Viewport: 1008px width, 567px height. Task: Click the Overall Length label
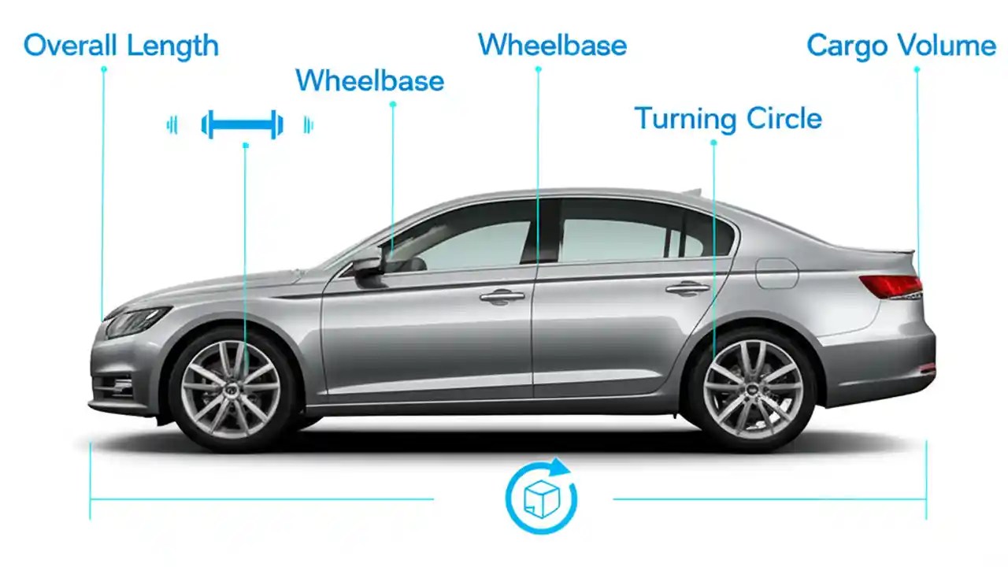pos(120,45)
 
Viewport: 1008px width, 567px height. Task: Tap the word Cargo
pos(854,46)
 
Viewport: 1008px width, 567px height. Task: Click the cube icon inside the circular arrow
pos(540,498)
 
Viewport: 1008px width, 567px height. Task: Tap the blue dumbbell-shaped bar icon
pos(242,124)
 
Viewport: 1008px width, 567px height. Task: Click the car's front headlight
pos(137,321)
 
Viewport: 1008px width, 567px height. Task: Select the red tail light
pos(891,286)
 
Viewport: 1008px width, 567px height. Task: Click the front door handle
pos(502,296)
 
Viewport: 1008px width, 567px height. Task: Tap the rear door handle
pos(687,288)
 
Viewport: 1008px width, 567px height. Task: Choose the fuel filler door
pos(776,272)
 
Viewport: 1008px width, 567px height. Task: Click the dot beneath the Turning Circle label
pos(713,143)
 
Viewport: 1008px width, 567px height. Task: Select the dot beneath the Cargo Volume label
pos(917,69)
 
